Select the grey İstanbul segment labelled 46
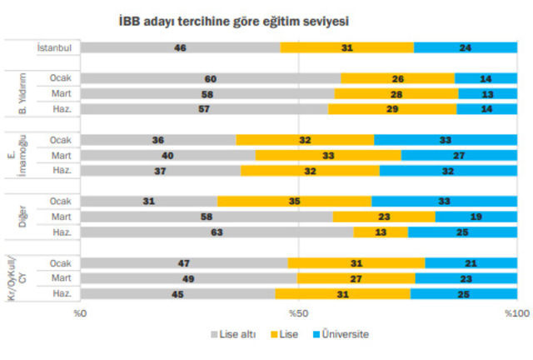click(180, 47)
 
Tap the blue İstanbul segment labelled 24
click(465, 47)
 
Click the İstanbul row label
click(55, 47)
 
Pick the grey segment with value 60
click(211, 79)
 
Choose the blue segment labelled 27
click(458, 155)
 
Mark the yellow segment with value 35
click(295, 201)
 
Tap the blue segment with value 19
click(476, 217)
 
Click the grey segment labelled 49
click(188, 277)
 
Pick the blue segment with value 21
click(471, 262)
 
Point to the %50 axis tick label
click(300, 313)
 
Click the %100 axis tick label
click(516, 313)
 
